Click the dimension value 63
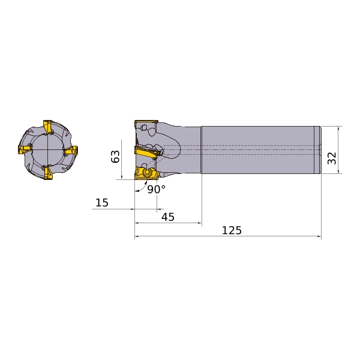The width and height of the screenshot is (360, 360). [115, 157]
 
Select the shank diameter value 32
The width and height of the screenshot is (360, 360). [332, 158]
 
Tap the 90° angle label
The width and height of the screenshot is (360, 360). [156, 189]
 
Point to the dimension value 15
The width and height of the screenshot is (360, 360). [102, 203]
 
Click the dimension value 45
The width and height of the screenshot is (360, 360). [168, 217]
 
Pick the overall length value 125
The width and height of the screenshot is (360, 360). [232, 230]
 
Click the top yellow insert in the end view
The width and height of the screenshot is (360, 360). [48, 127]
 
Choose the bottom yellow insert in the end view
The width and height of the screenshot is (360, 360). [48, 173]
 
